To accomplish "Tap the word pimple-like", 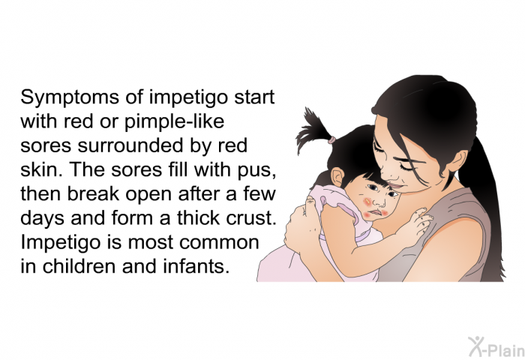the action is tap(174, 122).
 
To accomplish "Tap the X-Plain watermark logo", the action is tap(496, 347).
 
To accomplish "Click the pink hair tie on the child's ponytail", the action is tap(331, 139).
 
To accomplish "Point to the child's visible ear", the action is tap(337, 177).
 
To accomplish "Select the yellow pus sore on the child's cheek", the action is tap(368, 201).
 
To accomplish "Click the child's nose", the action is tap(379, 202).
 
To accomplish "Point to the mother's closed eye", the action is tap(406, 166).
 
